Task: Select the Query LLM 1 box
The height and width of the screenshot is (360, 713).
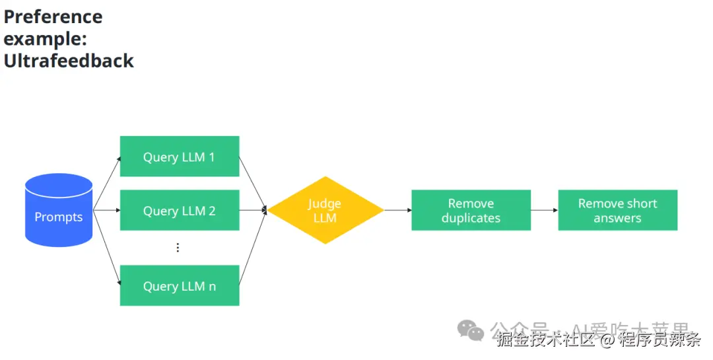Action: click(179, 157)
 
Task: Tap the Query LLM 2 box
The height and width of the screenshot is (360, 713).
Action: click(179, 210)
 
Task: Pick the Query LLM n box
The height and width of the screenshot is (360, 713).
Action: click(179, 285)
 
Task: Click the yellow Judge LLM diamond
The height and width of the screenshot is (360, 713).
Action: click(325, 210)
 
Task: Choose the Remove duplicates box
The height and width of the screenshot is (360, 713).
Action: click(471, 210)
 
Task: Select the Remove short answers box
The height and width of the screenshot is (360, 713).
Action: click(617, 210)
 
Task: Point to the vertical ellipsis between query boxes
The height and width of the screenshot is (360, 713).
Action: click(178, 248)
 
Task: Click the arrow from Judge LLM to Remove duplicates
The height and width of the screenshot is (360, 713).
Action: click(397, 210)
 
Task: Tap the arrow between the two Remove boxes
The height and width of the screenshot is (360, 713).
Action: click(544, 210)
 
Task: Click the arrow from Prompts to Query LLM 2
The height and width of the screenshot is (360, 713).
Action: click(106, 210)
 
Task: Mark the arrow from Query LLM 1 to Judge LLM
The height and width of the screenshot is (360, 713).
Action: click(253, 184)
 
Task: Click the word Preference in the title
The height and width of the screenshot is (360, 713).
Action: click(53, 17)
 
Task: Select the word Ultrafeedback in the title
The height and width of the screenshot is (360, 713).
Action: click(69, 61)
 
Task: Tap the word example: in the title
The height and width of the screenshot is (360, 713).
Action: click(45, 38)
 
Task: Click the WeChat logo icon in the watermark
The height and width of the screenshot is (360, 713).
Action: click(471, 330)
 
